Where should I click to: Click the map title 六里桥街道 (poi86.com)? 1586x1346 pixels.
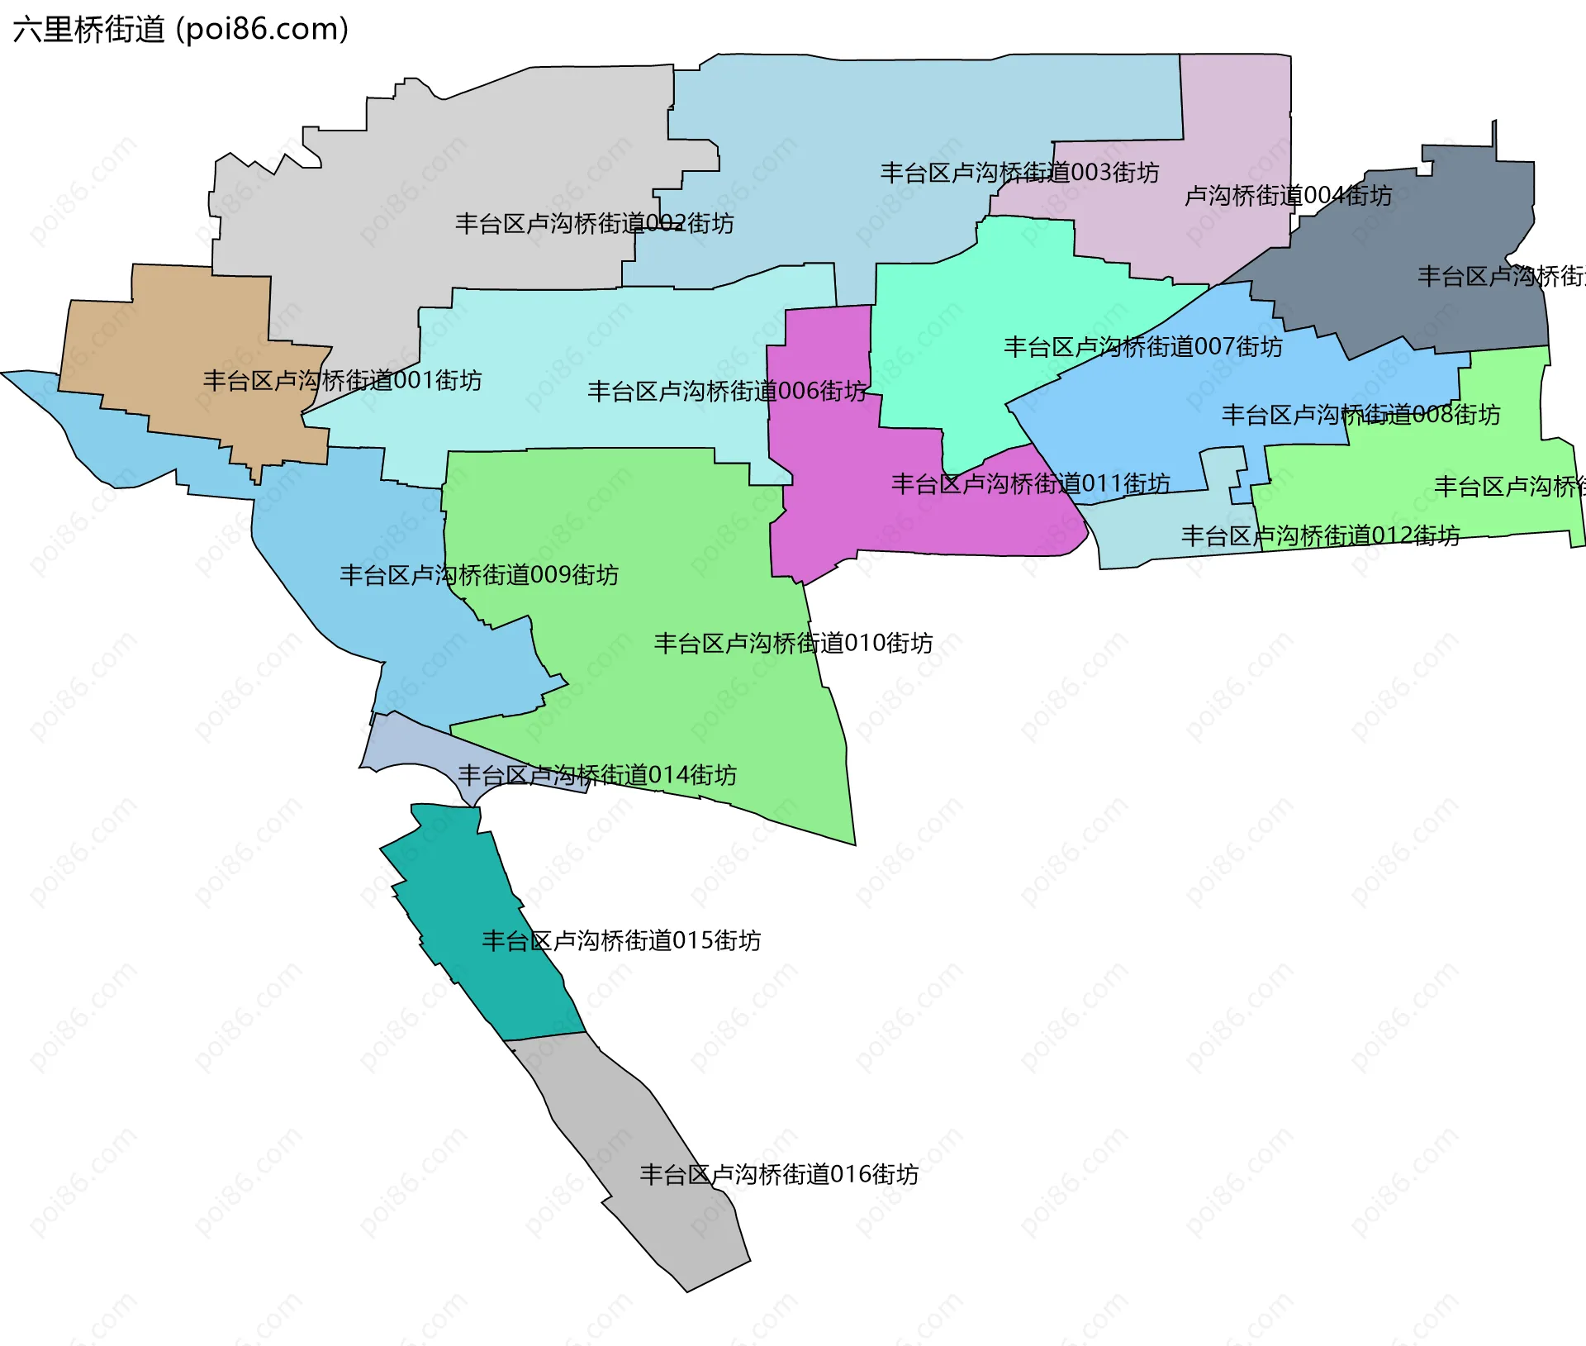181,30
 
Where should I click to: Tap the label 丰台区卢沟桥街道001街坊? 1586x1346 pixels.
342,381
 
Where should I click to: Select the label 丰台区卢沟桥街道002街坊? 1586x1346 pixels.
594,224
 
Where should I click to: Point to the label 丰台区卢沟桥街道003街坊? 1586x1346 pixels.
1019,173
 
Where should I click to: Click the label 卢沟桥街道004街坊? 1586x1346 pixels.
1288,196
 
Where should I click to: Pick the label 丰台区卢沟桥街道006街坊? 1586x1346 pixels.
727,391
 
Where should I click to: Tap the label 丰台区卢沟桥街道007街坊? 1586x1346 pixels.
1143,347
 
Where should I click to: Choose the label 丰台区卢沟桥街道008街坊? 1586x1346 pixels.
1360,415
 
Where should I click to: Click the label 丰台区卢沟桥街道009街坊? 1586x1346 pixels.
479,575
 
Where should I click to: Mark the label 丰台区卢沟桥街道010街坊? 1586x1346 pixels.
793,643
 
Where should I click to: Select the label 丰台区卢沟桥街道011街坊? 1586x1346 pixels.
1031,483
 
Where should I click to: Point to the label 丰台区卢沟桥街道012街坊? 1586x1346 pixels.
1320,536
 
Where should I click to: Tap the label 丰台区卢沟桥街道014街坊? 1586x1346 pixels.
597,775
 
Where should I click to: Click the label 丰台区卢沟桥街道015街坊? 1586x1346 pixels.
621,940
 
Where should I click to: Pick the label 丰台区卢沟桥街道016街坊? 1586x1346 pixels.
779,1174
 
